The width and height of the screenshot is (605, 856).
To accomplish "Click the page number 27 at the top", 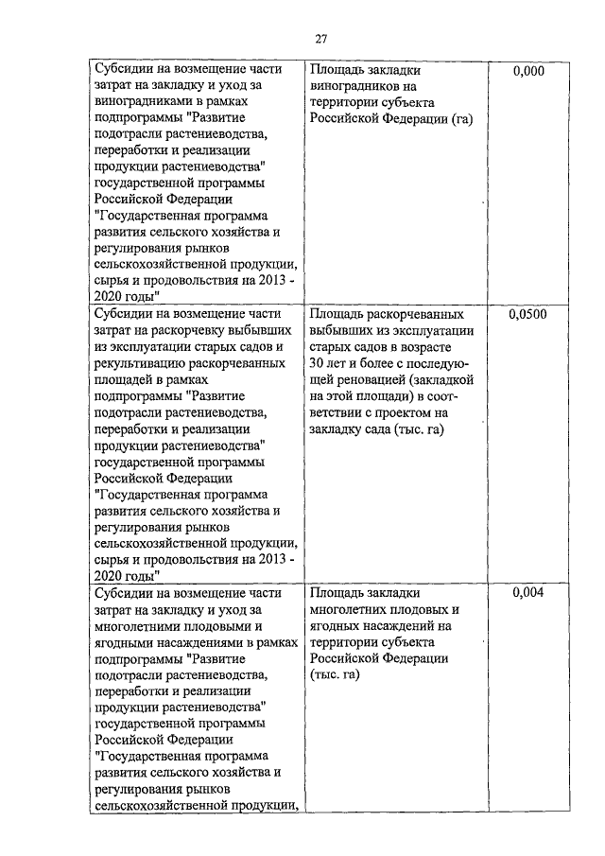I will point(321,39).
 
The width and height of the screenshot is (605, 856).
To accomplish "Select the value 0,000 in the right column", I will point(527,71).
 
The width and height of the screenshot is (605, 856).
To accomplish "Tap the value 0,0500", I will point(527,314).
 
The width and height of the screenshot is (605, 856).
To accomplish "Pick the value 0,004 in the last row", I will point(527,593).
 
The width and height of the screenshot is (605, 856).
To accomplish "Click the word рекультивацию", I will point(142,363).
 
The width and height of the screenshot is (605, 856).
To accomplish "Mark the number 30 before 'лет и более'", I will point(318,362).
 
